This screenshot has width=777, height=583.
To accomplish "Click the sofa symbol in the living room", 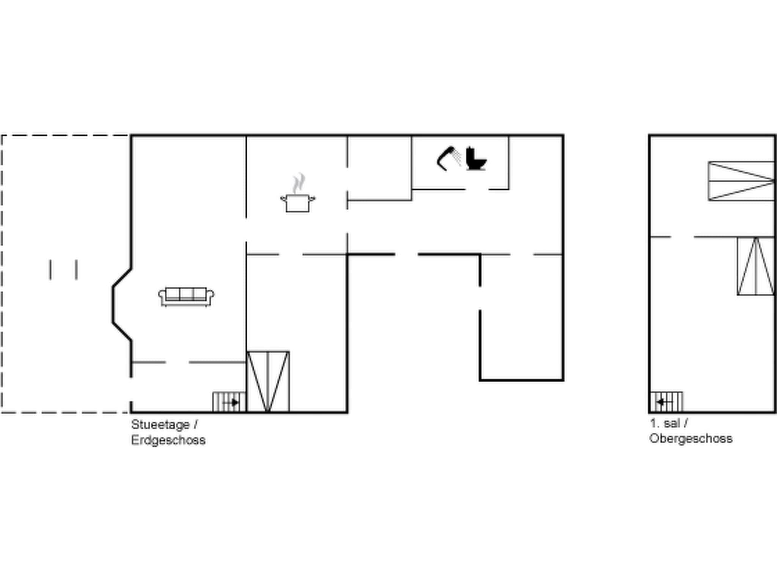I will coord(186,296).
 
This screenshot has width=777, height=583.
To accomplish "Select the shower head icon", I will coord(448,158).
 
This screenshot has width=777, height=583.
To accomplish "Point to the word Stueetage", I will coord(160,425).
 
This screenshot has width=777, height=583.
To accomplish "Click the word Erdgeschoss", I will coord(168,440).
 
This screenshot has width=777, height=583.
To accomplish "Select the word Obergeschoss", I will coord(690,439).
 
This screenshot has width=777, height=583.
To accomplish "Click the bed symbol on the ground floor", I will coord(268,381).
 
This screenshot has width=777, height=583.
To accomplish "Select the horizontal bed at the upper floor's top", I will coord(741,181).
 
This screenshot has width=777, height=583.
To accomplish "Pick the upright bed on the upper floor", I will coord(756,266).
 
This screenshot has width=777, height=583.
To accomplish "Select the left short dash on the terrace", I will coord(50,270).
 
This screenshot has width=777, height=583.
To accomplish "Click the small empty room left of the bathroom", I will coord(379,167).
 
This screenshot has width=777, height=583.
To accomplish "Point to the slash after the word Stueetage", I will coord(196,425).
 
